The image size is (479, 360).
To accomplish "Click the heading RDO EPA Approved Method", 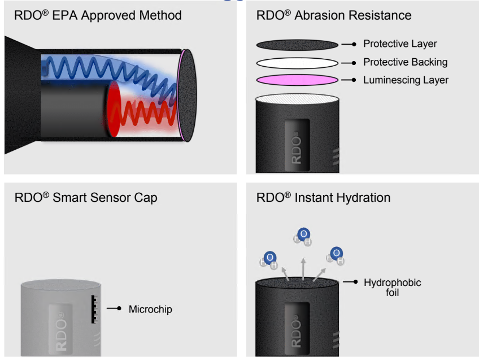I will (x=97, y=15).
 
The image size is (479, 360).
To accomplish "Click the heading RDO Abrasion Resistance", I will (x=334, y=15).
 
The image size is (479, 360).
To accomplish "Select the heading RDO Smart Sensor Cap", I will (x=85, y=197).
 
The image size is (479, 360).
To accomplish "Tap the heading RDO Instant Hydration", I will (x=323, y=197).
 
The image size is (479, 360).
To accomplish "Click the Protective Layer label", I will (x=400, y=44).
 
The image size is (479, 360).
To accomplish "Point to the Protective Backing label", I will (x=405, y=62).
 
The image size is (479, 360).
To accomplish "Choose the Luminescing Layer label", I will (x=406, y=80).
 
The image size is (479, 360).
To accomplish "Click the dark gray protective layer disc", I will (x=297, y=44).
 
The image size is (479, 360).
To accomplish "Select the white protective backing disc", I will (x=297, y=62).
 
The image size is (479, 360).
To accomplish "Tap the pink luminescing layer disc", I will (x=297, y=80).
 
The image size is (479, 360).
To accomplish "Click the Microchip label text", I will (x=150, y=309).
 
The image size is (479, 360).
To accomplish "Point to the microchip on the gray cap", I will (x=93, y=309).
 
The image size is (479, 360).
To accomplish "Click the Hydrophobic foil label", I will (x=392, y=287).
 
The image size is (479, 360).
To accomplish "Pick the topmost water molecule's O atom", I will (x=304, y=234).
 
